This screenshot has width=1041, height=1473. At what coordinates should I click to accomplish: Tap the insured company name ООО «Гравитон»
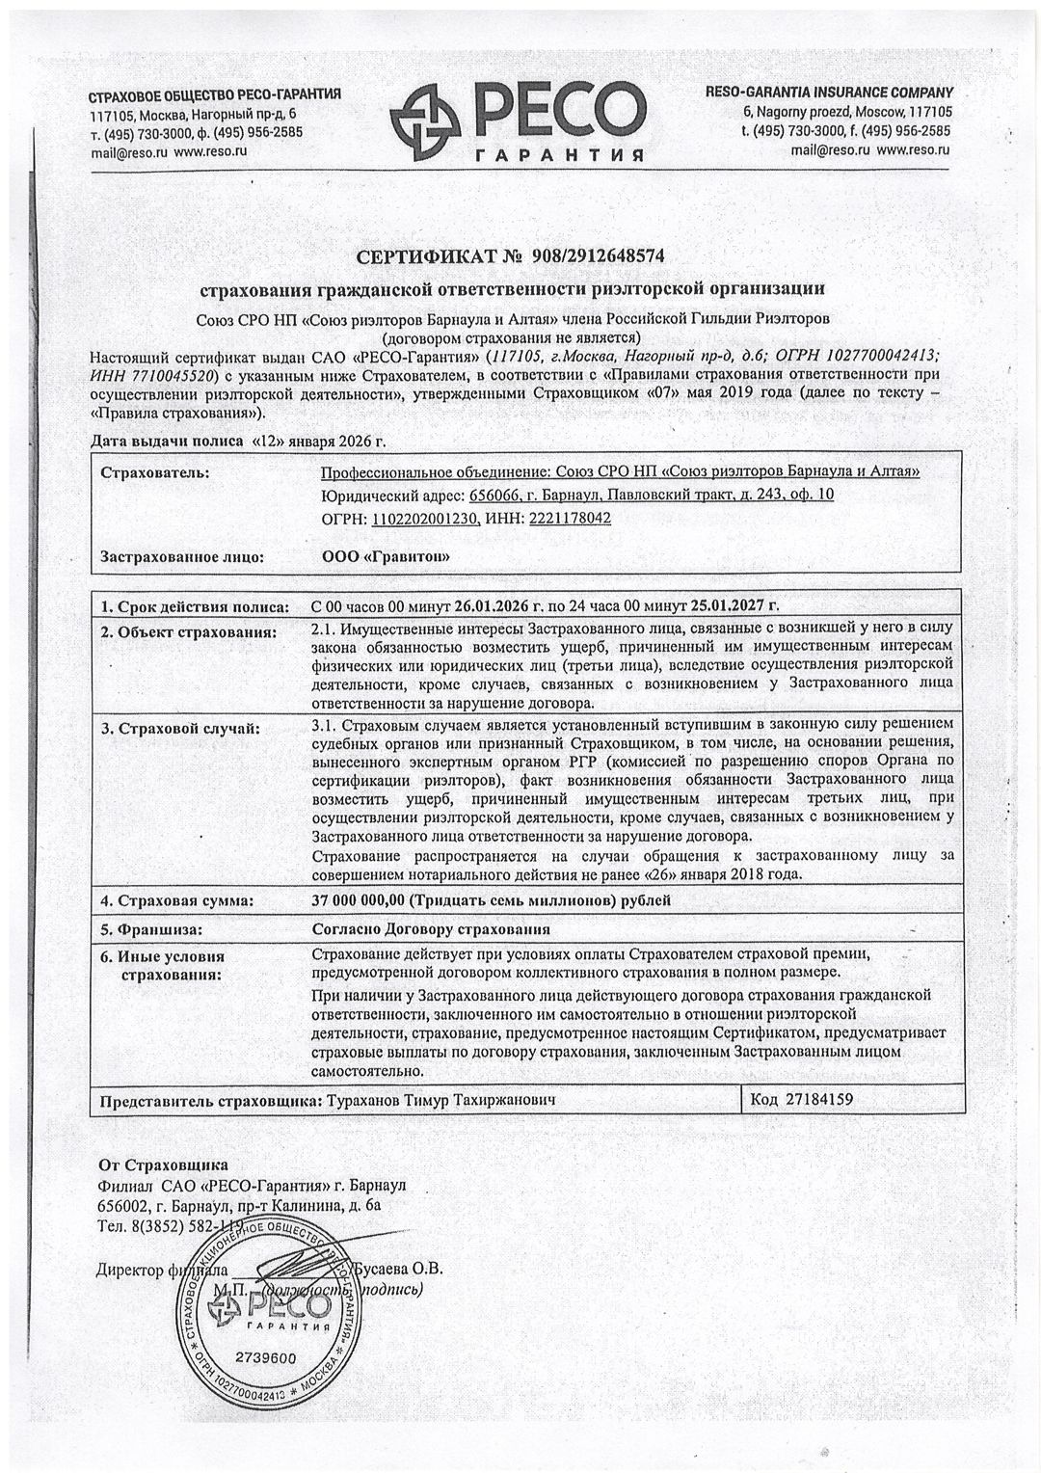[385, 556]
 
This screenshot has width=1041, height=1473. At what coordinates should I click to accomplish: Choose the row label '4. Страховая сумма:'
[177, 901]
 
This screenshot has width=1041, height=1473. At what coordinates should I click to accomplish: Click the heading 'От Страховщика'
[163, 1164]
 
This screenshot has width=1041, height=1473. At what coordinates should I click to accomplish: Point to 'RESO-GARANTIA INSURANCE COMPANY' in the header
[829, 93]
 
